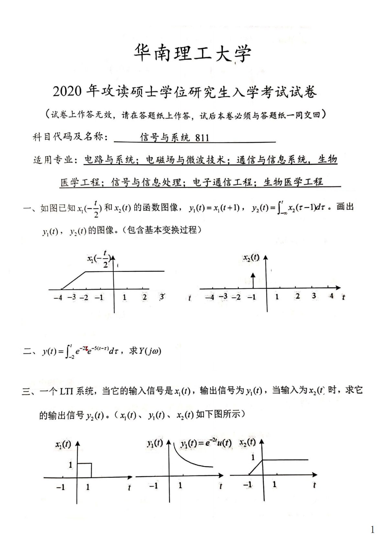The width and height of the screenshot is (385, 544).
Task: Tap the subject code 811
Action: (x=202, y=138)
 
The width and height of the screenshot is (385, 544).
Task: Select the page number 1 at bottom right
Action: (x=372, y=530)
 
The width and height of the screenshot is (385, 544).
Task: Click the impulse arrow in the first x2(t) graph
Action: (x=253, y=280)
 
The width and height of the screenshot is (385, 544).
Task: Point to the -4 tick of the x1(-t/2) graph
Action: (x=58, y=297)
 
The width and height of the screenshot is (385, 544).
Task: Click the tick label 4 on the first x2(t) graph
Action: (x=331, y=296)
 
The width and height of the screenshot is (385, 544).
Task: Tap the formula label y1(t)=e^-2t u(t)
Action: (x=206, y=443)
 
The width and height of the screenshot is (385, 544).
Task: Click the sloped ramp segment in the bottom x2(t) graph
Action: (x=256, y=467)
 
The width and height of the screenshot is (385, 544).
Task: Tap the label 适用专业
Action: (x=53, y=160)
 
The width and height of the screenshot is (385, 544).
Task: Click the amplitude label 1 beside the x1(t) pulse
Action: (x=71, y=465)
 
